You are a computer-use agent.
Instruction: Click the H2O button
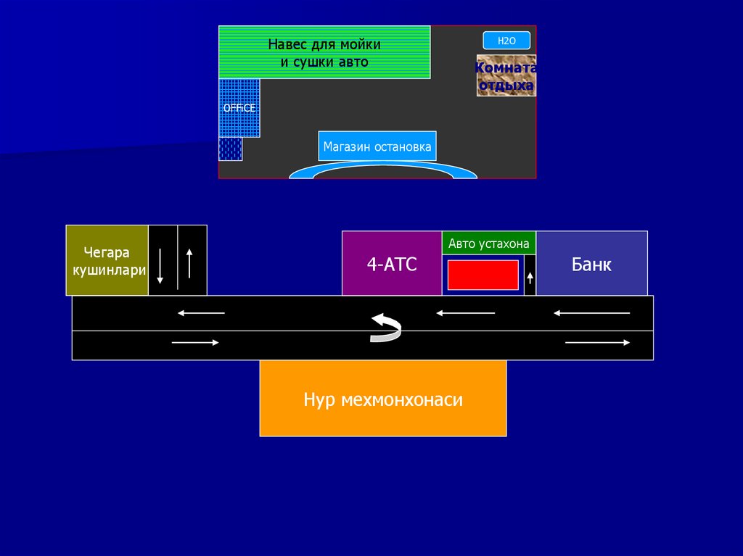(506, 41)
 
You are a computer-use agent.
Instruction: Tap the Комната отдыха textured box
(506, 75)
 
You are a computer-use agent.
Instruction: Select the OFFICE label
(239, 108)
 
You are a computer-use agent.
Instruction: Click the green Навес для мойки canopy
(324, 52)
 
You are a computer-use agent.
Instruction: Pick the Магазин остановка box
(377, 146)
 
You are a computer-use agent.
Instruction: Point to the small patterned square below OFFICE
(231, 149)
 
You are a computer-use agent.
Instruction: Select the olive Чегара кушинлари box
(107, 260)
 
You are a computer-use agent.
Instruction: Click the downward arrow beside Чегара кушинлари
(160, 265)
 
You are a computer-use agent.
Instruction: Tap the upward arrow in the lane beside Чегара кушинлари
(189, 263)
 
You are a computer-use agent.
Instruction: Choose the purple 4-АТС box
(392, 264)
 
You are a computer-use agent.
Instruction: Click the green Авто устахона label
(489, 244)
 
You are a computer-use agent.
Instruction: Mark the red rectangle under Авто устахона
(483, 275)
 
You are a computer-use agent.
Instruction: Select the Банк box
(591, 264)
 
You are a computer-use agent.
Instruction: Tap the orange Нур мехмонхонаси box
(383, 399)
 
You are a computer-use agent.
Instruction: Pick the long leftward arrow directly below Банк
(591, 313)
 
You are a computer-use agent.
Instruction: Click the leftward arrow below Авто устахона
(465, 313)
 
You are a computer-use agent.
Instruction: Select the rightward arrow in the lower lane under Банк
(597, 342)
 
